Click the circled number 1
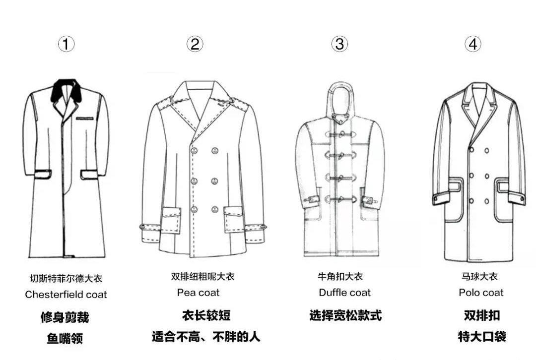(66, 44)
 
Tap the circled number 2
(195, 44)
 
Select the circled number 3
(339, 44)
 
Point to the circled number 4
(472, 44)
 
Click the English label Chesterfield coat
(66, 295)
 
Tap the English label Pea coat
(198, 293)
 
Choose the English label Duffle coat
(344, 293)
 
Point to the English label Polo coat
(481, 293)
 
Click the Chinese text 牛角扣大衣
(340, 277)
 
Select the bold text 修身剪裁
(65, 317)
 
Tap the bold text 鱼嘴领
(65, 339)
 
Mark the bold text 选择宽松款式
(345, 315)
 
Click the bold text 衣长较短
(206, 315)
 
